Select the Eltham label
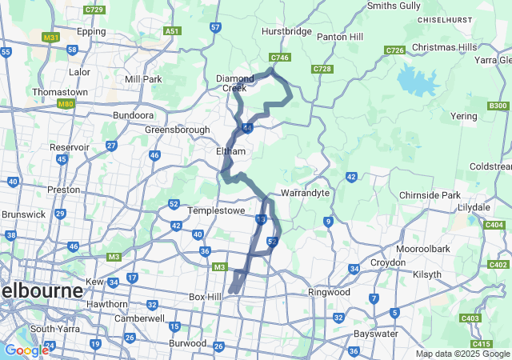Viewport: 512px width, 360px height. (230, 150)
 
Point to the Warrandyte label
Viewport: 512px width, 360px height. (300, 194)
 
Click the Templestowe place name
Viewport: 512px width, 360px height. (214, 210)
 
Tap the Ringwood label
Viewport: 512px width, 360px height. (330, 292)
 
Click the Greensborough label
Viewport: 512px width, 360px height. (178, 130)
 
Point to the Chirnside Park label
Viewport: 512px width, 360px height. (430, 195)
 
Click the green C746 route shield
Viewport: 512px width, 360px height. (279, 58)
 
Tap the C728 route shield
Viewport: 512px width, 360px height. (322, 69)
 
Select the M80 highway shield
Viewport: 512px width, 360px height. (65, 103)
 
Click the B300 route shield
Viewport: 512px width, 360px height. (498, 106)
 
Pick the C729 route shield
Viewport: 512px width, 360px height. (94, 10)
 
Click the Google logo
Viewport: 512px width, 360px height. (26, 350)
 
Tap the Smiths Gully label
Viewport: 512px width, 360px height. (393, 6)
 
